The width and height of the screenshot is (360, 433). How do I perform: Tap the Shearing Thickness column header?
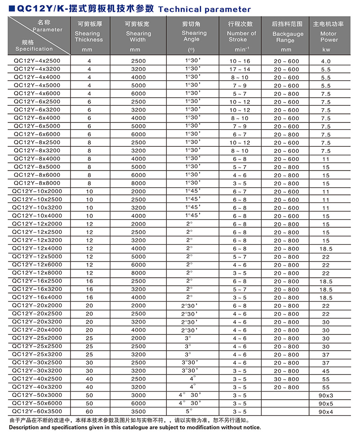coord(89,36)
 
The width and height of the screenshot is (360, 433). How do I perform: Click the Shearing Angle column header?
coord(194,36)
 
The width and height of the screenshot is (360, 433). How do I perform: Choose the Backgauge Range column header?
coord(288,37)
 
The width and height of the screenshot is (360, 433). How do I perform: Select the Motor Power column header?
coord(328,36)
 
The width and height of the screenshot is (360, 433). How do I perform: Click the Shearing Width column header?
coord(139,36)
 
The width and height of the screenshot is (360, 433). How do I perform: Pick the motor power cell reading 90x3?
coord(326,395)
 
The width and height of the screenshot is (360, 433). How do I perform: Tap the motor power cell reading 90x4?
coord(326,411)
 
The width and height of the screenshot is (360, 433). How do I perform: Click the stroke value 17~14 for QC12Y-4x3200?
coord(239,69)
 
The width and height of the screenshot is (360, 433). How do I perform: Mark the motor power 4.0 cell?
coord(326,61)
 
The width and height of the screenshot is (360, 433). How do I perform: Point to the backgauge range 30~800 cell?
coord(286,379)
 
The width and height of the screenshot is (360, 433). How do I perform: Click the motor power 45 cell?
coord(326,371)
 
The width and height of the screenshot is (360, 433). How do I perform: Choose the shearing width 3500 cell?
coord(139,411)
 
